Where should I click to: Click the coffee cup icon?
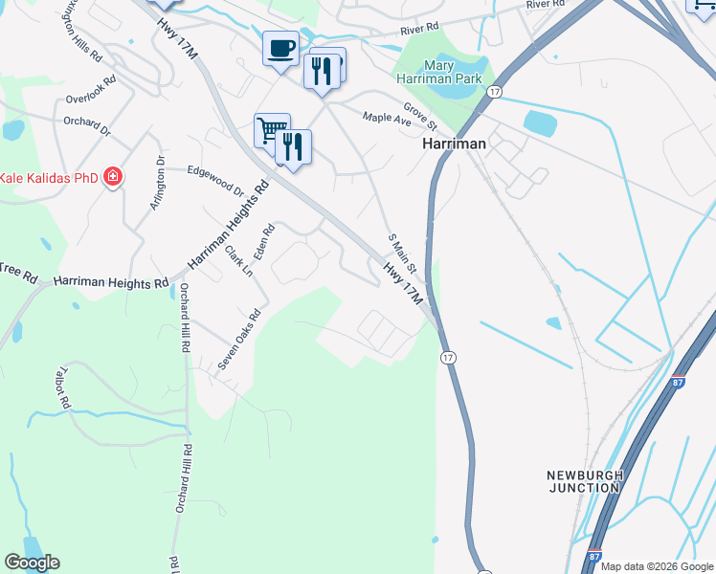point(280,48)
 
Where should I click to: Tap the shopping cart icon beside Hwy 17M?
point(271,128)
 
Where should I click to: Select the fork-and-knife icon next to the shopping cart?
point(294,146)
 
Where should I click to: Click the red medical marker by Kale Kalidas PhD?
point(113,177)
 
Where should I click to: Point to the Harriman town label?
point(455,143)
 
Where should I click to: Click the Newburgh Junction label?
point(585,481)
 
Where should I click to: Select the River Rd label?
point(419,30)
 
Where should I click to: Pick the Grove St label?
point(419,117)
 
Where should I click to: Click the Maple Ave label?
point(387,119)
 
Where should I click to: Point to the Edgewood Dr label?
point(215,178)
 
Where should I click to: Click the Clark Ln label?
point(237,261)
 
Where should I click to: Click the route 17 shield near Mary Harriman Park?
point(494,91)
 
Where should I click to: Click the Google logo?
point(32,563)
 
